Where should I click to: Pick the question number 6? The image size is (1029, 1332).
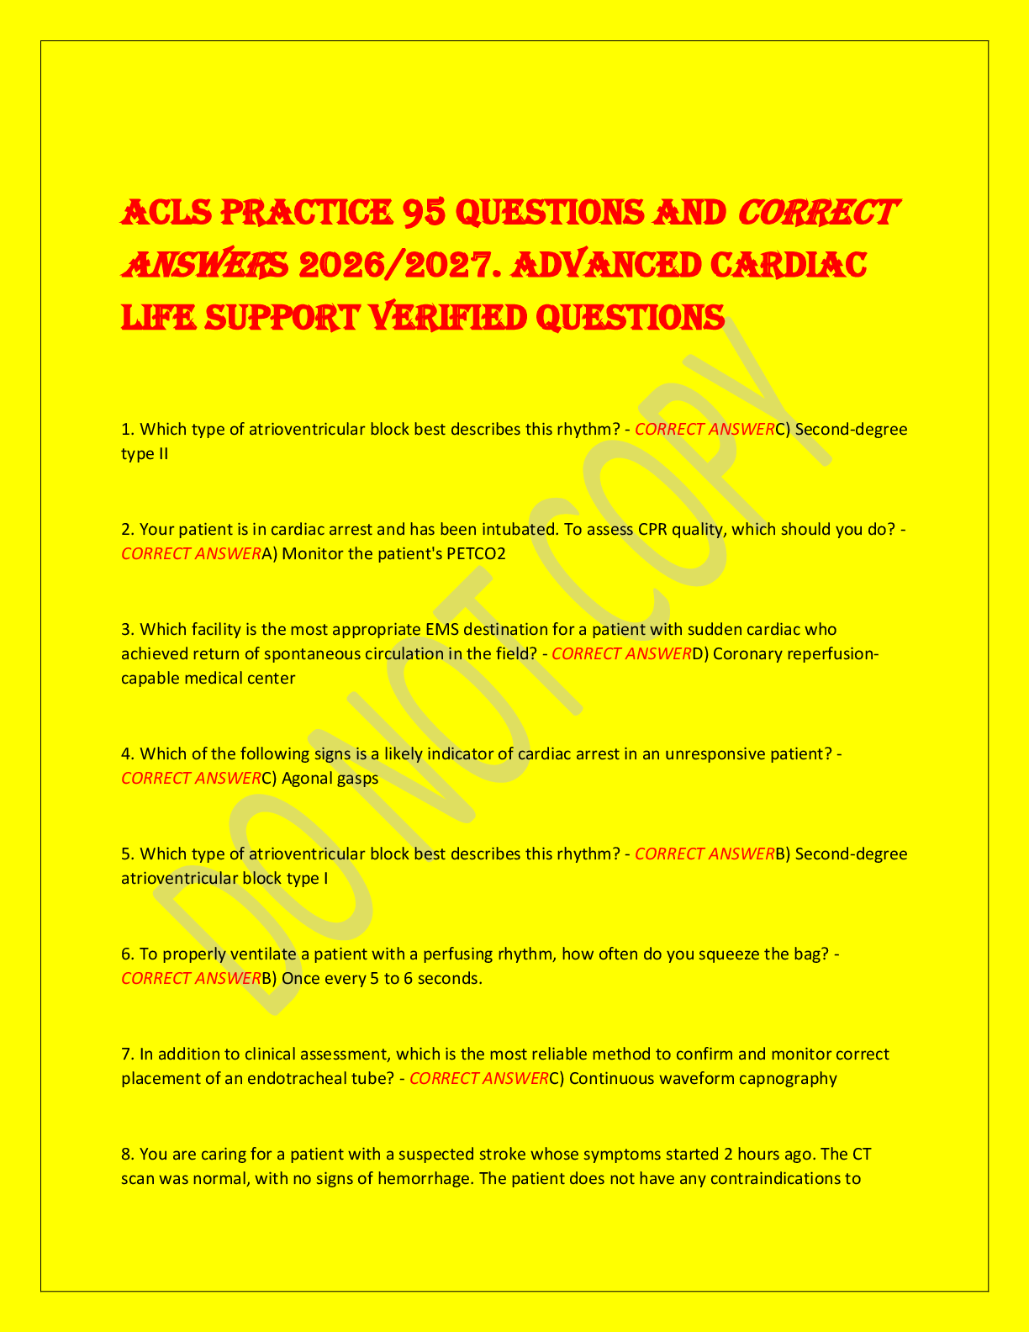tap(127, 954)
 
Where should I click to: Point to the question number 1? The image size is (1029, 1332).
tap(127, 430)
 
